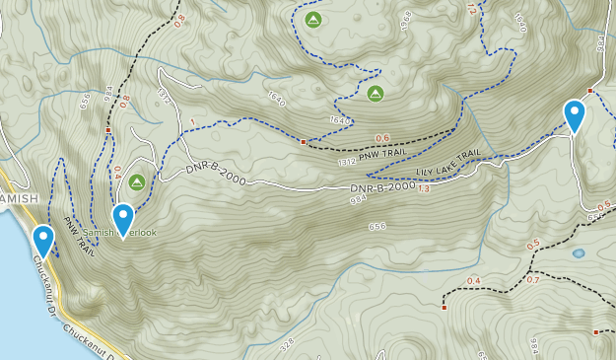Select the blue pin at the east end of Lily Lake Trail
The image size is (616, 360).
[x=575, y=115]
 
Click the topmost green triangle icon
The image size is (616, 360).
[x=312, y=20]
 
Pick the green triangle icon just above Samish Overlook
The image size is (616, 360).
[x=136, y=181]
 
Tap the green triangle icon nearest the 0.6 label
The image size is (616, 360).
[x=375, y=94]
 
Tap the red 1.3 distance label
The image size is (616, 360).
[x=425, y=188]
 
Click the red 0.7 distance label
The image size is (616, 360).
[x=533, y=279]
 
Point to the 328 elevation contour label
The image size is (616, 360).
[x=287, y=346]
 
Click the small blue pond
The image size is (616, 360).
[x=578, y=252]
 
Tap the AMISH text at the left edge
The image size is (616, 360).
[x=18, y=198]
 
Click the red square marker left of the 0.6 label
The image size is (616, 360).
[x=303, y=142]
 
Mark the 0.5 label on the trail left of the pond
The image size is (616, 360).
[x=533, y=245]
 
